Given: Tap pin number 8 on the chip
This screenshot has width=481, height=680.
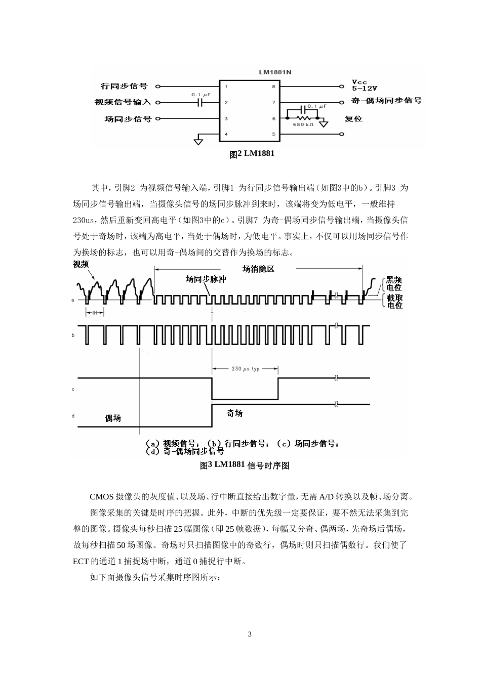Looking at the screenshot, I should pos(274,87).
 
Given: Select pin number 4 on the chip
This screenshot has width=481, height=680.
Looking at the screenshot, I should pos(226,134).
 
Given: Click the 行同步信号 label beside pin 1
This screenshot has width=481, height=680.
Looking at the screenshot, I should pos(124,87).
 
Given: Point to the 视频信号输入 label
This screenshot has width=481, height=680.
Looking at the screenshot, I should pos(123,102).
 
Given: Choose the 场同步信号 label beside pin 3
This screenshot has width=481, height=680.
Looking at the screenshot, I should pos(128,119).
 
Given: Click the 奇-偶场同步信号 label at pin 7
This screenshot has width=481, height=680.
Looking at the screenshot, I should pos(387,101).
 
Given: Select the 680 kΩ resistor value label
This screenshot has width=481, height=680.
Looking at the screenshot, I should pos(303,124).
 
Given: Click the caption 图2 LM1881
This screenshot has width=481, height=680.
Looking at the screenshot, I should pos(252,154).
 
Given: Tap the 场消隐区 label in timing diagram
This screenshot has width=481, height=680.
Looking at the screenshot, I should pos(258,269).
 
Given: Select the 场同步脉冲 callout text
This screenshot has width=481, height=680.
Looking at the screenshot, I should pos(206,279).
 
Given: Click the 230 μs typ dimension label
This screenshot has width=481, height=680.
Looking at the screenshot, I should pos(245,369).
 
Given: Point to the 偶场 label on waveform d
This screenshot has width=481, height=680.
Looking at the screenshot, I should pos(113,418).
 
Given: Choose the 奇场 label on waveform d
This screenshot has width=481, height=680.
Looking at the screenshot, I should pos(234,413).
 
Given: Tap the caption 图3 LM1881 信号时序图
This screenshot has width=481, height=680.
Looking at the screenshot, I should pos(245,465).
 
